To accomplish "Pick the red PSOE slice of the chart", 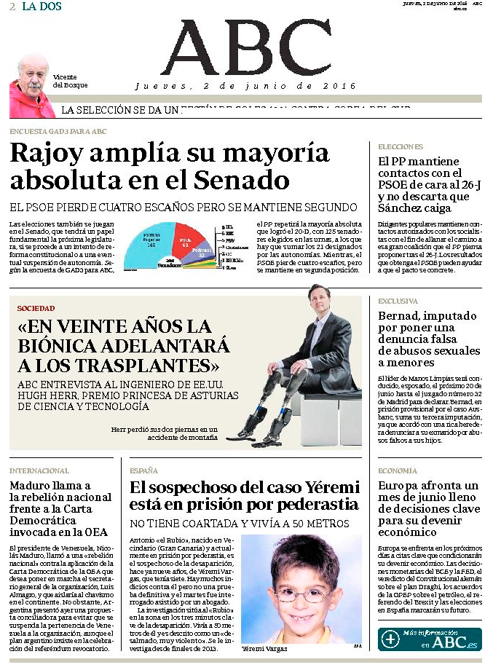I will coord(187,240).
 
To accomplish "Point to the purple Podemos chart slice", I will coord(205,251).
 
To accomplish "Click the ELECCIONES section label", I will coord(400,146).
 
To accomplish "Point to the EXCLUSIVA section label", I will coord(398,301).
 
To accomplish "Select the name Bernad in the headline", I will coord(401,316).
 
